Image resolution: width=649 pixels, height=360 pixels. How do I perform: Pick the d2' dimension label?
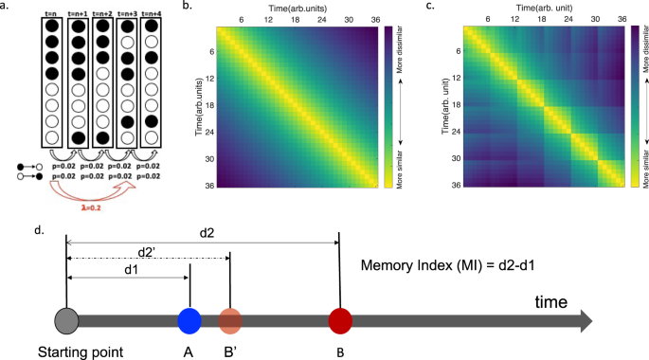[147, 251]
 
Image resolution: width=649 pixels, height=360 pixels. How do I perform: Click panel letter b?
[186, 8]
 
